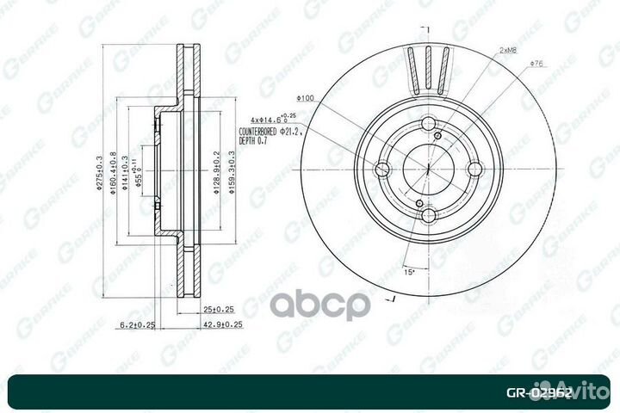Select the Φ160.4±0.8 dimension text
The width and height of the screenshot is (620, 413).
point(113,177)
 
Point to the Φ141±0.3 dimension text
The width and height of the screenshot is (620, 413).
point(125,176)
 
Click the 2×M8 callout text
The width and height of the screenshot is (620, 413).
point(508,52)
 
